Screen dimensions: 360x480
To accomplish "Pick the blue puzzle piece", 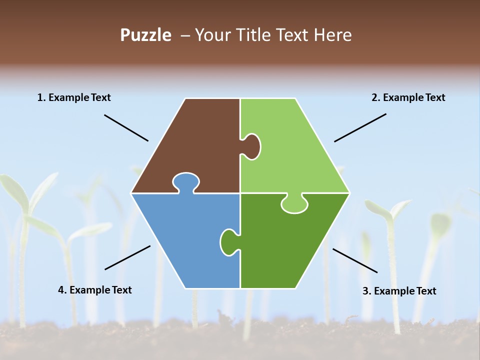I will tap(185, 240).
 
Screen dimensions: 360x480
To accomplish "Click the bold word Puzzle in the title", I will tap(145, 35).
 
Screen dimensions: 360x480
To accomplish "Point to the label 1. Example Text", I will tap(74, 97).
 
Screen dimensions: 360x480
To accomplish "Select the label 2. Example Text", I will tap(408, 97).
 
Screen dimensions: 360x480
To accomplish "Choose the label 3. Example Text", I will tap(399, 291).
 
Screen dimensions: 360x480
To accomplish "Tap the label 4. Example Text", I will tap(94, 290).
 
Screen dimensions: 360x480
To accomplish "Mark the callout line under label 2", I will tap(360, 127).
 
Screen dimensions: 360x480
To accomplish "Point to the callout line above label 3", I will tap(355, 260).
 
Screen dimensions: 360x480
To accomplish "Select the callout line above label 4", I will tap(127, 257).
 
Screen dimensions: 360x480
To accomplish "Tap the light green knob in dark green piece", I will tap(294, 204).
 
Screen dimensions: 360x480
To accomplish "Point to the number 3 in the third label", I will tap(365, 291).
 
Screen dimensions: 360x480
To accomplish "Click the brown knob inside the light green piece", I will tap(251, 146).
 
